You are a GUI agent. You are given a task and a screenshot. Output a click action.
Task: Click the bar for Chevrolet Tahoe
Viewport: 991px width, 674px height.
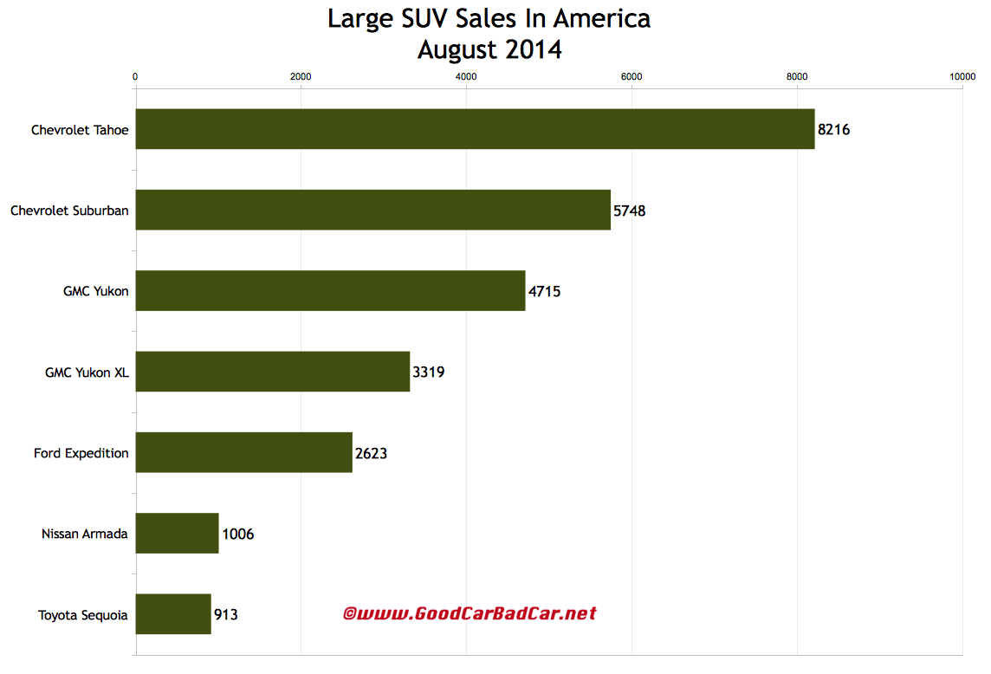[475, 129]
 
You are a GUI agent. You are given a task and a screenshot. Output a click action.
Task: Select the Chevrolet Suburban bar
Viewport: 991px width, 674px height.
[372, 210]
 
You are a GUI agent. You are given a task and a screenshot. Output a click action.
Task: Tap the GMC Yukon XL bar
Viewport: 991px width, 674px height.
[272, 372]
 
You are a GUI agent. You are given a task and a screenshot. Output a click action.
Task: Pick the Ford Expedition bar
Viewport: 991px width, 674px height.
[243, 452]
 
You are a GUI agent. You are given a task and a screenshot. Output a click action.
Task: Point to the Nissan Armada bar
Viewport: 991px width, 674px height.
[177, 534]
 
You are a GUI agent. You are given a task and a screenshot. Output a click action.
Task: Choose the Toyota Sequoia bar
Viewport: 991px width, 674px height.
[173, 614]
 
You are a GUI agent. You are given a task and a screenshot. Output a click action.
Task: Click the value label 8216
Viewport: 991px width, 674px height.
[834, 130]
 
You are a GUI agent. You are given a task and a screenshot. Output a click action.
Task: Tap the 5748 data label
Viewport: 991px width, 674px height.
[630, 211]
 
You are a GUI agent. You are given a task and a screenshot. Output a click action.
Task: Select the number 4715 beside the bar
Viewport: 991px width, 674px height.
[544, 292]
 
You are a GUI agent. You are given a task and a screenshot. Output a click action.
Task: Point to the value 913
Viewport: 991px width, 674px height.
[225, 615]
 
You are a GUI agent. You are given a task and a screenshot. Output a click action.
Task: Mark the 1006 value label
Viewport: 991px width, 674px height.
[237, 535]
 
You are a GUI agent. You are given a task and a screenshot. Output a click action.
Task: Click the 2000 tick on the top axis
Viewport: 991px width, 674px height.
[301, 77]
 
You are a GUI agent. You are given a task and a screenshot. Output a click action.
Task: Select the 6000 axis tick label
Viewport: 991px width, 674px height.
[632, 77]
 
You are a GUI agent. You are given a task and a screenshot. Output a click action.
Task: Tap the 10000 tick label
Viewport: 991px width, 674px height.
[962, 77]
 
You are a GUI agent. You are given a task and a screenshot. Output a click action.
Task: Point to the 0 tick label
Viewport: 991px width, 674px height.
[135, 77]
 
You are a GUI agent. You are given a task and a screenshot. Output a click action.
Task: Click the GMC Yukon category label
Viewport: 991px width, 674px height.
[95, 292]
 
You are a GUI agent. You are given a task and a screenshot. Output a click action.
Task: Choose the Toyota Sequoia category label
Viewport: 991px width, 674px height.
[83, 616]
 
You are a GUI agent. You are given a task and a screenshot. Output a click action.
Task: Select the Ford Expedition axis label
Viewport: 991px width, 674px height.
[81, 453]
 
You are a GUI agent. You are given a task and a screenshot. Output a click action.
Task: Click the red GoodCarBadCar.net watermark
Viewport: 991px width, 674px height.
[470, 614]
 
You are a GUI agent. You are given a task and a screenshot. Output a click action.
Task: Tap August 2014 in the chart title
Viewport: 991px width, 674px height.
[489, 49]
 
